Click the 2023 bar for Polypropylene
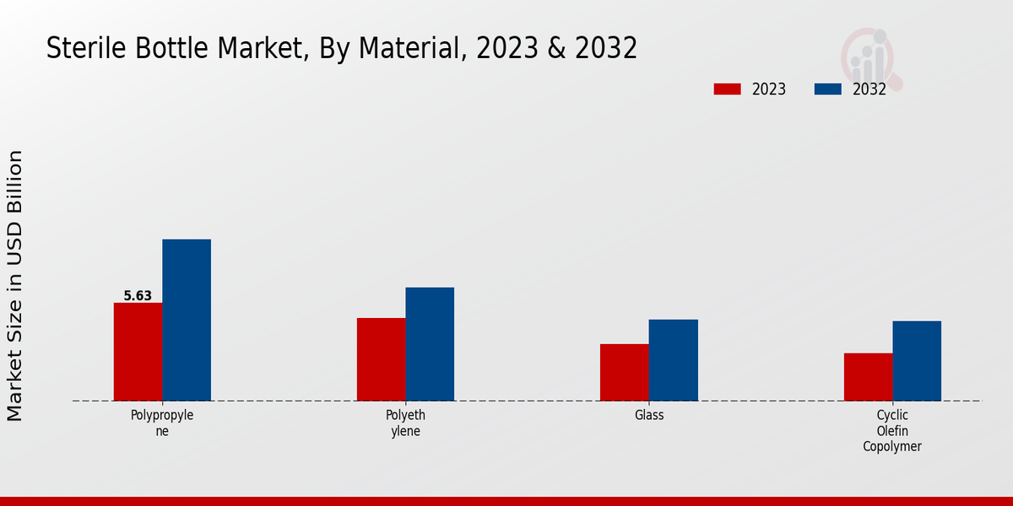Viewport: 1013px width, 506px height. coord(138,352)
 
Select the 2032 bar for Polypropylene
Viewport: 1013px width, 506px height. coord(187,320)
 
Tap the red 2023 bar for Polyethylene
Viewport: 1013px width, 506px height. coord(381,359)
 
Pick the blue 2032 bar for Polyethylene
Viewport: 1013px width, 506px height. coord(430,344)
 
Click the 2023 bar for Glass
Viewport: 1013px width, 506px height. coord(625,372)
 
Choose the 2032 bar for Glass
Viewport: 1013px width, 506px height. coord(674,360)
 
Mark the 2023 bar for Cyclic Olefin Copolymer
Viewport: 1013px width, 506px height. coord(868,377)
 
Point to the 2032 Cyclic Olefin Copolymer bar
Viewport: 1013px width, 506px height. coord(917,361)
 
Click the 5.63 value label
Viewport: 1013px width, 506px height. coord(138,296)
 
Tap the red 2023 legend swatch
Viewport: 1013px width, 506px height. coord(727,89)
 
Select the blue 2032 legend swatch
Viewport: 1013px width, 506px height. coord(828,89)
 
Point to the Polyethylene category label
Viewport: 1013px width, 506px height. coord(405,423)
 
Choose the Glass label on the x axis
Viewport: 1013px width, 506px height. coord(649,416)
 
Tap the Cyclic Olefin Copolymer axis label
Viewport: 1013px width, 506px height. coord(892,430)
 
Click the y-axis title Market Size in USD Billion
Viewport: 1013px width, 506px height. coord(15,285)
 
